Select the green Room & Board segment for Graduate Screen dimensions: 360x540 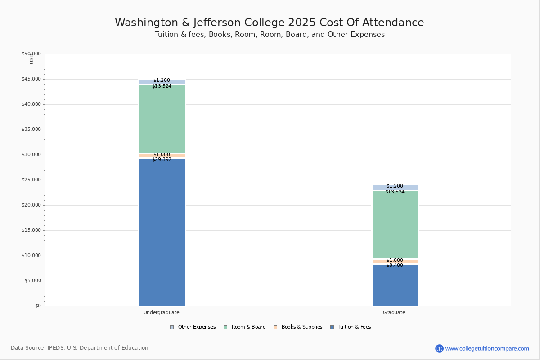point(395,225)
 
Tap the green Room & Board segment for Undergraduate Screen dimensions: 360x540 point(162,119)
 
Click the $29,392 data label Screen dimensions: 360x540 point(162,160)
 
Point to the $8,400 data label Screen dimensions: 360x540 point(395,265)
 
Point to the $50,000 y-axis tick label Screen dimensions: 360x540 point(31,54)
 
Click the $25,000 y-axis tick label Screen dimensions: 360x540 point(31,180)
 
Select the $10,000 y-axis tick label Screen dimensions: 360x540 point(31,256)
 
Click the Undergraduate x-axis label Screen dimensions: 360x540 point(162,312)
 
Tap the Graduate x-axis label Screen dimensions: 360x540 point(394,312)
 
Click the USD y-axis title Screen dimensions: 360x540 point(31,59)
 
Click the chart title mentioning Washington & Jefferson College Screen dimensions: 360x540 point(269,23)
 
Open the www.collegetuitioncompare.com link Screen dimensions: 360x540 point(487,348)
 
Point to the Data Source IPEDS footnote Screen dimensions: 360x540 point(80,348)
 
